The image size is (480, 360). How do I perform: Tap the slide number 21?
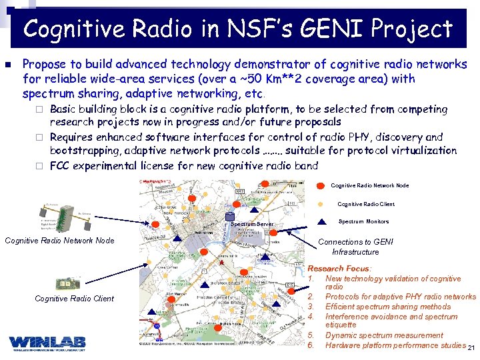tap(471, 348)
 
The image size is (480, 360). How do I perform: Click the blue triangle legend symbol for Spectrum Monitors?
tap(322, 221)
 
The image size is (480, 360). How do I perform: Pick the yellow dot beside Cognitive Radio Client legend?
tap(321, 204)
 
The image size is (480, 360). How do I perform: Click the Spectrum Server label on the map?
tap(251, 224)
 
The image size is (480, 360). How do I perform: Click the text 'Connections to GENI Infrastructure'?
tap(356, 247)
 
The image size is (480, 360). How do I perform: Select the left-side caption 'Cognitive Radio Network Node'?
tap(59, 241)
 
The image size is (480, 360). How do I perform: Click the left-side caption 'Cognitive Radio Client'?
tap(74, 299)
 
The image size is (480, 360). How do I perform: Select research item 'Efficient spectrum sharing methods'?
tap(388, 307)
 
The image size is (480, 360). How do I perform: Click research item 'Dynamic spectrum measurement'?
tap(384, 335)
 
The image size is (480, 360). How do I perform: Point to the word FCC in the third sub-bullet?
tap(60, 165)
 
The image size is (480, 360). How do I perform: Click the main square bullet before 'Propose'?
tap(7, 65)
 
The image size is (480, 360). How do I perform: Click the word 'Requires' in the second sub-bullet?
tap(71, 137)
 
